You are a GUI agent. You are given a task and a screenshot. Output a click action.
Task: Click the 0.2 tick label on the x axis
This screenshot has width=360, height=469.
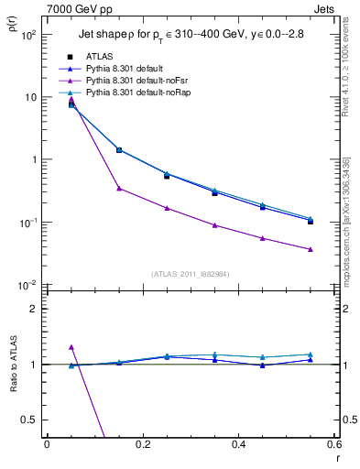pos(142,444)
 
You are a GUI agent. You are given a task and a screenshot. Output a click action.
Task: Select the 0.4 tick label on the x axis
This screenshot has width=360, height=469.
pos(238,444)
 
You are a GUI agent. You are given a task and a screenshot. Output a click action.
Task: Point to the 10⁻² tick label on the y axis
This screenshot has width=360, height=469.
pos(27,286)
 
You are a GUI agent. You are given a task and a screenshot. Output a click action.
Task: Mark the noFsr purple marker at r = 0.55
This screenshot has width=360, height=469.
pos(311,249)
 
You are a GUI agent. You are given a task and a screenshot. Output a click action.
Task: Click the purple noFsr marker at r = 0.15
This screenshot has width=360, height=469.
pos(119,189)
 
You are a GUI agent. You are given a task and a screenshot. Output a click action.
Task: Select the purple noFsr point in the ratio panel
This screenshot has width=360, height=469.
pos(71,347)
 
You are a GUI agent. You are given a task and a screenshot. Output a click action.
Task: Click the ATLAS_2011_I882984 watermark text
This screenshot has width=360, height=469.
pos(191,273)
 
